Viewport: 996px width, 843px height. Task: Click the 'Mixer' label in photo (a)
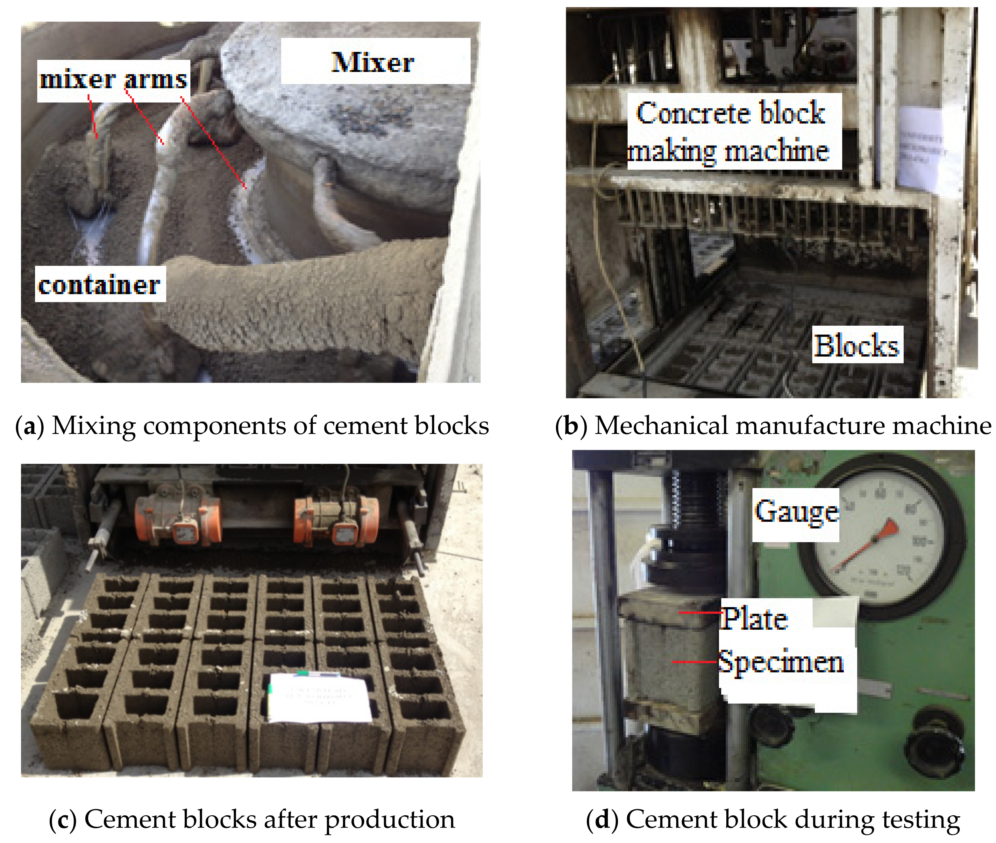(373, 62)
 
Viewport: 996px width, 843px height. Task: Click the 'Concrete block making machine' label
(731, 131)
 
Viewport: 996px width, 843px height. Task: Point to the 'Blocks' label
(857, 345)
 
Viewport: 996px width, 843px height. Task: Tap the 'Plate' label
(754, 619)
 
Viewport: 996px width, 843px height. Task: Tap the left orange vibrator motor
(178, 519)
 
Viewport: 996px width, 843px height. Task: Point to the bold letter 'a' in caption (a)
(30, 425)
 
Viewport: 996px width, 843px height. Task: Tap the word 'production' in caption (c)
(389, 819)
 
